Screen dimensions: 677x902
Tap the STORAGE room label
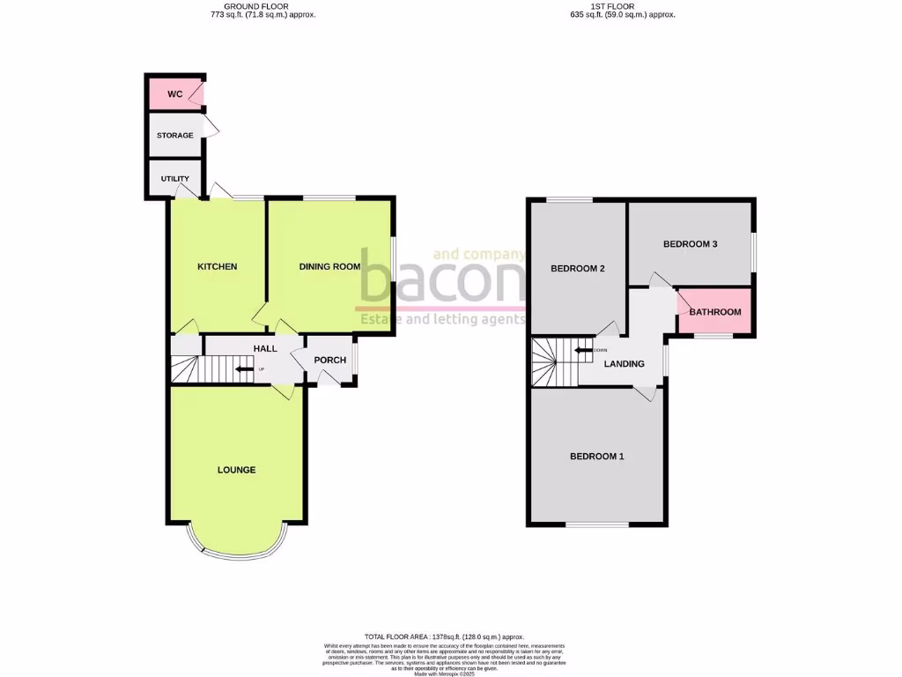point(174,136)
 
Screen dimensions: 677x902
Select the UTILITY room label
point(174,179)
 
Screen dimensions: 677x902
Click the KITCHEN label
point(217,266)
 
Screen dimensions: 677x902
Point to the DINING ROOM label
point(330,266)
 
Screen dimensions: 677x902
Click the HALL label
point(265,348)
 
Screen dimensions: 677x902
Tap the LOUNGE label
point(236,470)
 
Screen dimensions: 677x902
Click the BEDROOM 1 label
point(596,456)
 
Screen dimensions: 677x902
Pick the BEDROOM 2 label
point(577,269)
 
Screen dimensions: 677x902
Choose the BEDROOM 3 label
point(691,244)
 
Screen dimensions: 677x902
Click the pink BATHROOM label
point(714,312)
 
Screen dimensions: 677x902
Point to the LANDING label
point(624,363)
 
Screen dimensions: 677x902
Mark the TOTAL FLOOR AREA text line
point(444,636)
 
